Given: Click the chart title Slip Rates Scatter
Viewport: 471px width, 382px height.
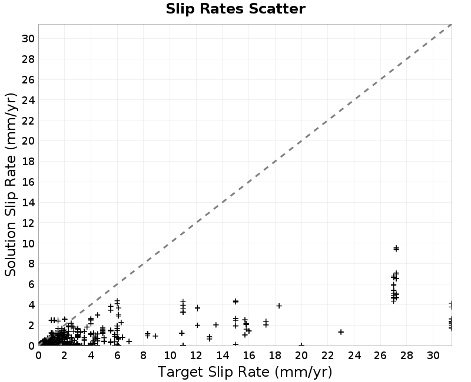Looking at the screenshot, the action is tap(235, 9).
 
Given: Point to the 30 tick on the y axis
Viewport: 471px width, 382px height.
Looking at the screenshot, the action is tap(28, 39).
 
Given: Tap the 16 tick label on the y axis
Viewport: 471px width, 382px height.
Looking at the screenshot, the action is tap(28, 182).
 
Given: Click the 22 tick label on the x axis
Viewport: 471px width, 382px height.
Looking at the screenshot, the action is tap(328, 356).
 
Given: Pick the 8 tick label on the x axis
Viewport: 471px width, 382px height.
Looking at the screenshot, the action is tap(143, 356).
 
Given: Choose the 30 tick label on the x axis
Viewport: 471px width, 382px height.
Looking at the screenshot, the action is tap(433, 356).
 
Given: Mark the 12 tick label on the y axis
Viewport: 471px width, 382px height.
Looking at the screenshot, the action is tap(28, 223).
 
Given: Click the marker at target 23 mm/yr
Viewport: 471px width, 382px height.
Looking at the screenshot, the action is tap(341, 332).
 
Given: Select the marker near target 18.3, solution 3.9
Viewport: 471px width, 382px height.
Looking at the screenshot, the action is tap(279, 306).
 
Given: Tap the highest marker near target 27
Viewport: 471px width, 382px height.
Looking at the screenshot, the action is tap(396, 248).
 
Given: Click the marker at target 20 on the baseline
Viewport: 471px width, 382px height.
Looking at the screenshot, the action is tap(301, 345).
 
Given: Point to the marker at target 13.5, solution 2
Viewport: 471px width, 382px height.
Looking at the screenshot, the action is tap(215, 325).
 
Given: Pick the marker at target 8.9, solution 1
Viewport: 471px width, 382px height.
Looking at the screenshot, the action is tap(155, 336).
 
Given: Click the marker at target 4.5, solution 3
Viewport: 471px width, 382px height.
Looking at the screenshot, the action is tap(97, 315).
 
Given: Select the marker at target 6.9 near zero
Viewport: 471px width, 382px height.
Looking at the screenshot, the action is tap(129, 341).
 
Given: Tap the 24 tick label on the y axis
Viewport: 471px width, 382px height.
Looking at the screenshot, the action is tap(28, 100).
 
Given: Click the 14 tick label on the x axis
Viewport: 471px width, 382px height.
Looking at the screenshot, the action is tap(223, 356).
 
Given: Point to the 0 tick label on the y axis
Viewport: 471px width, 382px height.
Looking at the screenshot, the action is tap(32, 346).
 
